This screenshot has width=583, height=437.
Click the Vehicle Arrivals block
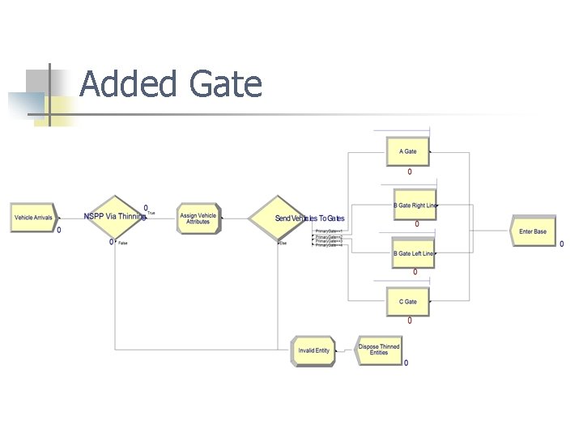tap(33, 218)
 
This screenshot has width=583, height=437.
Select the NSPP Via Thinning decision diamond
tap(115, 217)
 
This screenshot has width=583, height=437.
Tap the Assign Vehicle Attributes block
tap(198, 218)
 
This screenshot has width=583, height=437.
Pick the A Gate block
tap(408, 151)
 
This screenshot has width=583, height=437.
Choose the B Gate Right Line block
tap(414, 206)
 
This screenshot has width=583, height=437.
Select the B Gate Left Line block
tap(413, 254)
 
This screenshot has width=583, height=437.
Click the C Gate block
tap(408, 302)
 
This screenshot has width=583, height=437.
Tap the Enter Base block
tap(533, 232)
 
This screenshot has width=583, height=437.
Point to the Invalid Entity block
tap(313, 350)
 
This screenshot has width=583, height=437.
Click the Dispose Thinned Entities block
tap(379, 350)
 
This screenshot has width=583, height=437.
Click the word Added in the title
tap(129, 84)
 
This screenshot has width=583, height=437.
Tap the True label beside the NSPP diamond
tap(151, 213)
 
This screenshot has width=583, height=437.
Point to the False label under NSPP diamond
tap(122, 243)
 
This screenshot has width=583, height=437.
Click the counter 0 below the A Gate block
tap(409, 172)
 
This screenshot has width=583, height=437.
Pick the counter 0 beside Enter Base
tap(562, 244)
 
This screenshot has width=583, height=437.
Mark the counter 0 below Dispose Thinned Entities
tap(406, 363)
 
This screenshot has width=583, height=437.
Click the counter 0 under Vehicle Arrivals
tap(58, 230)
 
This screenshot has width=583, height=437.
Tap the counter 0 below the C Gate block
tap(409, 321)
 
